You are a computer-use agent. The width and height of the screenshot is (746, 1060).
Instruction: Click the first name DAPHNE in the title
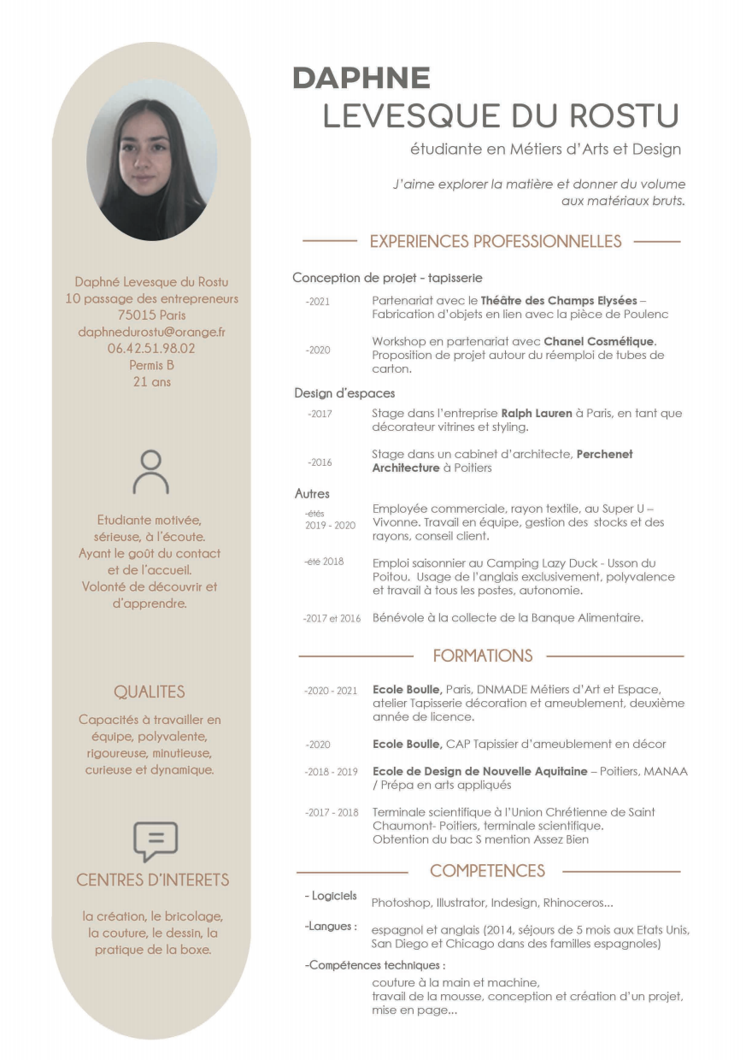[361, 78]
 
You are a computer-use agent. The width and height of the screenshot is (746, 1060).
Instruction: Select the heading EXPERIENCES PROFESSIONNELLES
[496, 242]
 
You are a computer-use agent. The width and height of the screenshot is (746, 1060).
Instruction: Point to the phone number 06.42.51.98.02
[151, 348]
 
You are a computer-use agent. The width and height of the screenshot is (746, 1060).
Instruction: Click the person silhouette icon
[150, 472]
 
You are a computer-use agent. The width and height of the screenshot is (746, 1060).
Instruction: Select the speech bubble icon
[156, 841]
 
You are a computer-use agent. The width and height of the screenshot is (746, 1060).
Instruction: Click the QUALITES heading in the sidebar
[150, 692]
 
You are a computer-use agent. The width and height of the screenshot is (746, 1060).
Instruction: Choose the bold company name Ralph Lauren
[537, 414]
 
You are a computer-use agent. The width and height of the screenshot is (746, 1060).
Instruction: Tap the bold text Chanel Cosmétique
[599, 342]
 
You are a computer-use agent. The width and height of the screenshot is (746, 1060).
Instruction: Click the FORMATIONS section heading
[482, 656]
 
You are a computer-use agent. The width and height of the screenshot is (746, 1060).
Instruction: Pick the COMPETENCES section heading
[487, 871]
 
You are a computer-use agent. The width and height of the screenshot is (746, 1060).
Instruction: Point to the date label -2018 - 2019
[331, 772]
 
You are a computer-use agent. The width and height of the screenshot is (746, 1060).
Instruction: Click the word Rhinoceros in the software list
[578, 902]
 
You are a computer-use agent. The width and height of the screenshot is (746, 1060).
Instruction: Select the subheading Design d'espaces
[344, 393]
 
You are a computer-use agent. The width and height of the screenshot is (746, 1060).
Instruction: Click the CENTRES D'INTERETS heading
[153, 880]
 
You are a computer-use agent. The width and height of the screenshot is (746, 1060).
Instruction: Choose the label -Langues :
[331, 926]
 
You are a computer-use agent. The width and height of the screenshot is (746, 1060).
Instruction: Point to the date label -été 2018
[323, 562]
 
